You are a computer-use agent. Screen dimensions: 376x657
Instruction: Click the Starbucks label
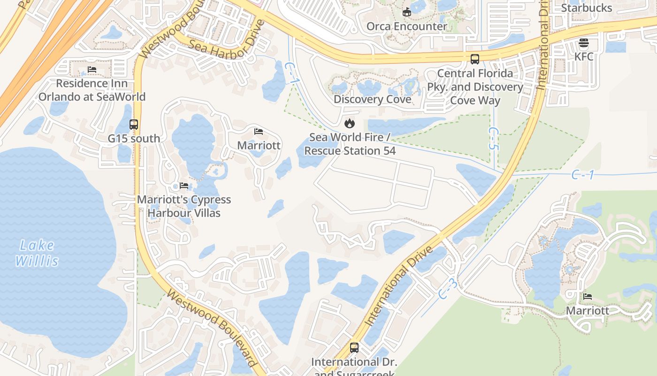pos(587,8)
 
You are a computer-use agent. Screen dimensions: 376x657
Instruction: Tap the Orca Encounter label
pos(406,26)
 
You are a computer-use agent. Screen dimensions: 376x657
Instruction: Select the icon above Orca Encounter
pos(407,12)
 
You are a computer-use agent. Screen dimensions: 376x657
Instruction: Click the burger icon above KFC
pos(584,43)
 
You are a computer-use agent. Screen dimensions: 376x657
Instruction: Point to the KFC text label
pos(584,57)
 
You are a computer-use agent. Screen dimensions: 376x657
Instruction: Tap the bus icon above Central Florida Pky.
pos(475,59)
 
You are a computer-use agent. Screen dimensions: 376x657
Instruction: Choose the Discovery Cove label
pos(372,100)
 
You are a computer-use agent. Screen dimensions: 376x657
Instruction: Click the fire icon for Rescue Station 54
pos(349,124)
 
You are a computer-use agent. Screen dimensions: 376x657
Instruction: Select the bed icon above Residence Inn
pos(92,70)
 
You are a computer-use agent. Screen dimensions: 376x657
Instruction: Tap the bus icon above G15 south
pos(134,125)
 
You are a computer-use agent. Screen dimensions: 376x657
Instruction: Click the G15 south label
pos(134,139)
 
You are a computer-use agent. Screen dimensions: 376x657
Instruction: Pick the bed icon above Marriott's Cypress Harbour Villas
pos(184,186)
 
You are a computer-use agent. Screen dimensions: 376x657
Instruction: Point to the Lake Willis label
pos(37,253)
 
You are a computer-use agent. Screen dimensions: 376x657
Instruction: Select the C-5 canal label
pos(492,139)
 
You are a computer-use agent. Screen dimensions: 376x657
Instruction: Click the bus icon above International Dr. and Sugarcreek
pos(354,348)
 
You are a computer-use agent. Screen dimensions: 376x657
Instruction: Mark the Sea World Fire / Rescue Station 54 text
pos(350,144)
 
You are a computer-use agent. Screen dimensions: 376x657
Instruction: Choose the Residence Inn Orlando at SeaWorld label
pos(92,90)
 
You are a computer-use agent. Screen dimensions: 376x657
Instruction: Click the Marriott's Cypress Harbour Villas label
pos(184,206)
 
